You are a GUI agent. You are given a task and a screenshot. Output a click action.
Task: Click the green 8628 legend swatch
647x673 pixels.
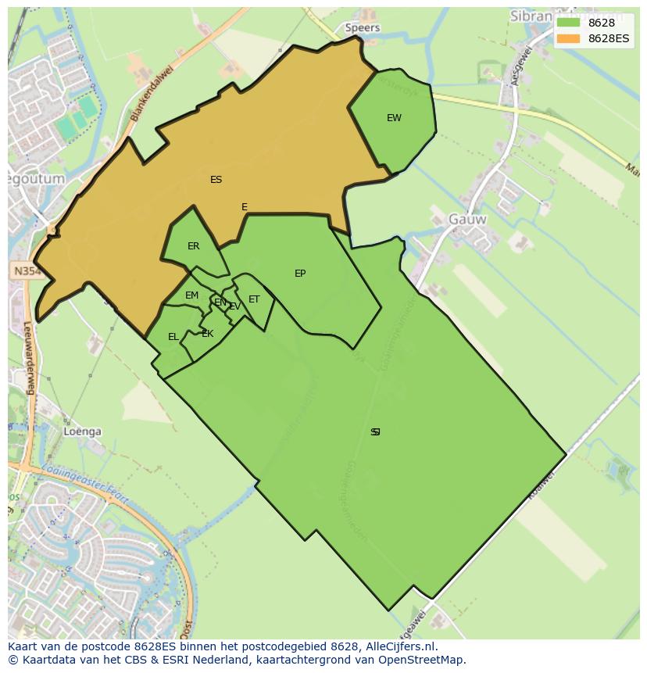568,23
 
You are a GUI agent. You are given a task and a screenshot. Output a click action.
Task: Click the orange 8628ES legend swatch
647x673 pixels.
568,38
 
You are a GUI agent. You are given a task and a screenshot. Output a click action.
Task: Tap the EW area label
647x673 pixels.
394,118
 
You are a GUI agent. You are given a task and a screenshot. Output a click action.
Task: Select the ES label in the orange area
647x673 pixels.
216,180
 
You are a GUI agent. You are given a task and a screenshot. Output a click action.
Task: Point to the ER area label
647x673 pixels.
193,246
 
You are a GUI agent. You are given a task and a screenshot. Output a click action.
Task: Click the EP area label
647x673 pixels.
300,274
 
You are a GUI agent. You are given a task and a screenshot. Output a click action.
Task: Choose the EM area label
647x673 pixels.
191,295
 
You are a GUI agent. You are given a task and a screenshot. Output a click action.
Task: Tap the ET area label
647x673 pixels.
254,299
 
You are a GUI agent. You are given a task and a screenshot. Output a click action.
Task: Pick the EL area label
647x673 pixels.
173,337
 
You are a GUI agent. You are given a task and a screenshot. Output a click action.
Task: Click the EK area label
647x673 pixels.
207,334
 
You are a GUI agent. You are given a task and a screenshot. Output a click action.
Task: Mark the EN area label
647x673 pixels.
220,302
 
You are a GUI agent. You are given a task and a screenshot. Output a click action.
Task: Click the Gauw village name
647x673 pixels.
467,220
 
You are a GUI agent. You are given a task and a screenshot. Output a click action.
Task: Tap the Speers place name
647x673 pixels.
363,28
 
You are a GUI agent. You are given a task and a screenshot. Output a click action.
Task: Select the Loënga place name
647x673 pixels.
83,431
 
